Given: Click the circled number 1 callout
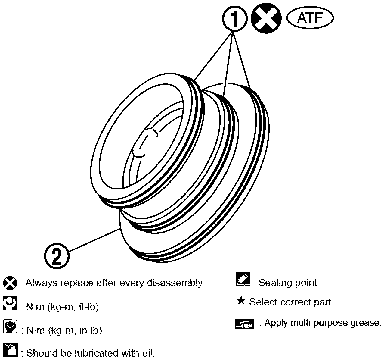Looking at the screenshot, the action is coord(235,19).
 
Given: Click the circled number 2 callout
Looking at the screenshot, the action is coord(57,256).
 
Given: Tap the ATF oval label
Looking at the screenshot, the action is coord(310,18).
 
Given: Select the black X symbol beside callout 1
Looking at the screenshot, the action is coord(266,18).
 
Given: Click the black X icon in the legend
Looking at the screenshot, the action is coord(10,283).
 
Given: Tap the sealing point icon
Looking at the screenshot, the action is coord(243,279).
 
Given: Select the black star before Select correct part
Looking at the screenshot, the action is coord(241,301).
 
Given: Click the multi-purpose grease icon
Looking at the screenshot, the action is coord(244,324).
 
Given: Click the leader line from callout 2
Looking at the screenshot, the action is coord(94,240).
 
